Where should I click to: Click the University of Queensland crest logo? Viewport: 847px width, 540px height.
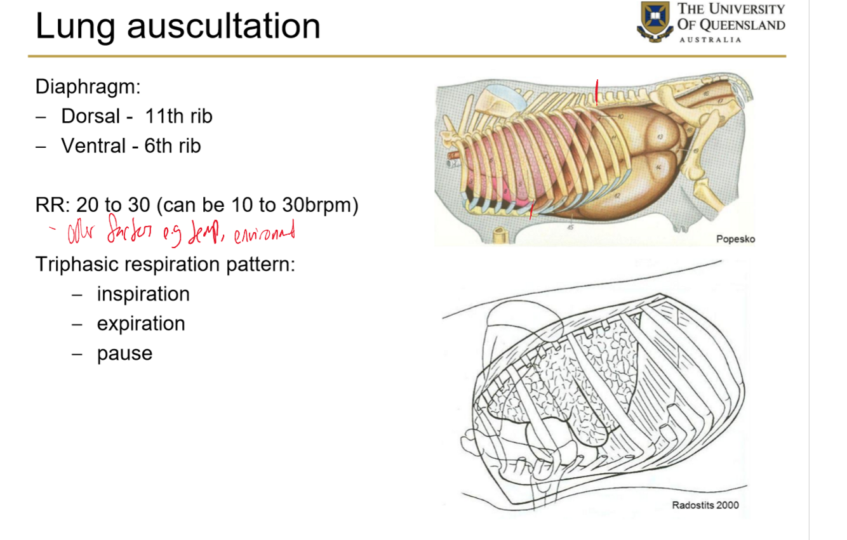click(655, 21)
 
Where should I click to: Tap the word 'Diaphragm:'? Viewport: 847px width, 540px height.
click(88, 87)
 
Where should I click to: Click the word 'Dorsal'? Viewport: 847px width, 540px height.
click(91, 117)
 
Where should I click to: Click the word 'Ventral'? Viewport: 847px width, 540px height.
click(93, 147)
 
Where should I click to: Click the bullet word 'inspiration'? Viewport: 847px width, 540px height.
click(143, 294)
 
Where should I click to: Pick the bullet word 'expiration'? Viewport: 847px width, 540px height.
click(141, 324)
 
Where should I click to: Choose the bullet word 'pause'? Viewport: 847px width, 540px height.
click(124, 353)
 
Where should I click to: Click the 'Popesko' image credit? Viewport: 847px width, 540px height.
click(735, 239)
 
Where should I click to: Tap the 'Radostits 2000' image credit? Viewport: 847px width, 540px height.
click(705, 506)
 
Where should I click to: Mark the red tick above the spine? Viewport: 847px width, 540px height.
click(597, 91)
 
